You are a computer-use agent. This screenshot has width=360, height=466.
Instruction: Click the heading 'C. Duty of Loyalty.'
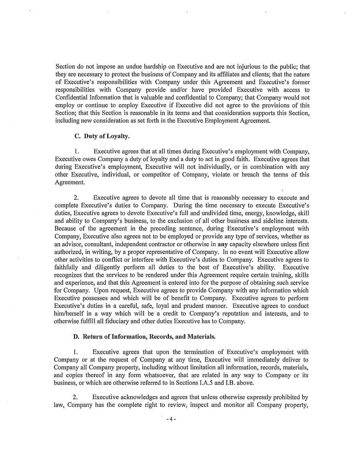click(102, 136)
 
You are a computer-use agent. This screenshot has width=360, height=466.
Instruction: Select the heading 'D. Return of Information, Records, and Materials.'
click(145, 337)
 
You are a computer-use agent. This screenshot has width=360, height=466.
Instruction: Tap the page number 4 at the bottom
click(170, 419)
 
